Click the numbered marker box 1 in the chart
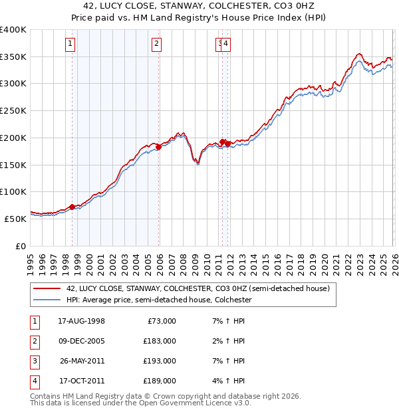click(70, 45)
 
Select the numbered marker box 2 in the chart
click(156, 45)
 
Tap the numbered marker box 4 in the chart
click(226, 45)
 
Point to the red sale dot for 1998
click(72, 207)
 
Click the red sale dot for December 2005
click(159, 148)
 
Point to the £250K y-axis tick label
click(13, 111)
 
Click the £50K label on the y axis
click(16, 219)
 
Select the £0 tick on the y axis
click(20, 246)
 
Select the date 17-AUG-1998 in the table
click(82, 321)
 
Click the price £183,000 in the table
click(160, 341)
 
